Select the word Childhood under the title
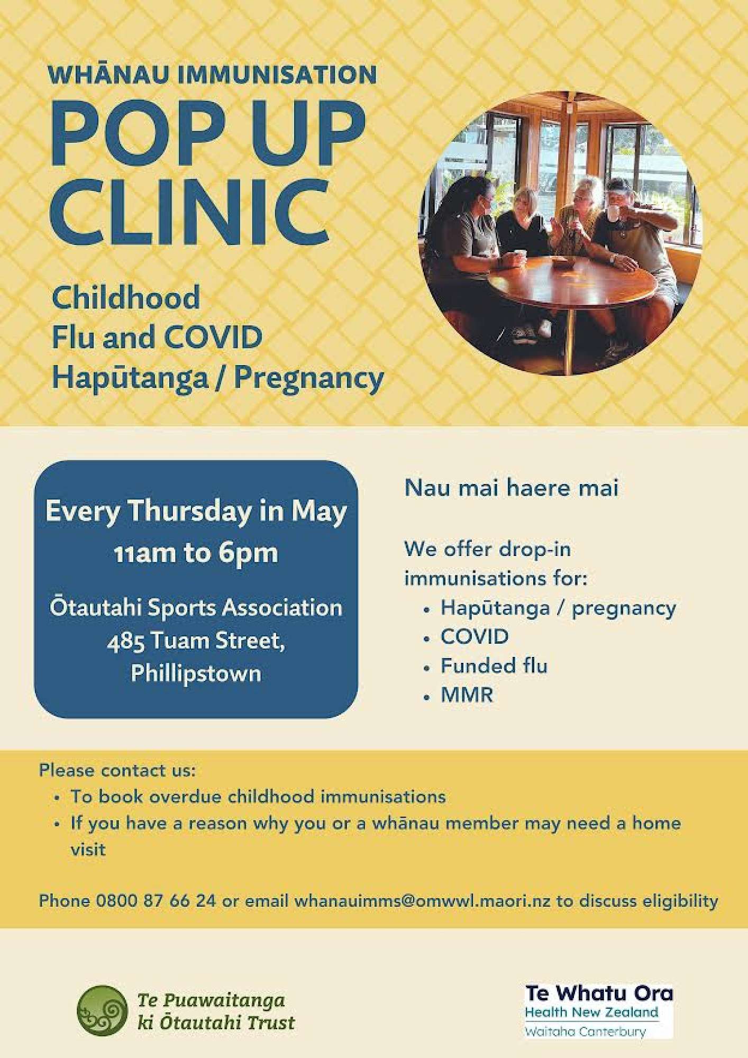(x=126, y=297)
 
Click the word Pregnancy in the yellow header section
(x=309, y=379)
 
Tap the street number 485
(x=125, y=641)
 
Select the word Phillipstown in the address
(x=196, y=674)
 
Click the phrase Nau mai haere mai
(x=511, y=487)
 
